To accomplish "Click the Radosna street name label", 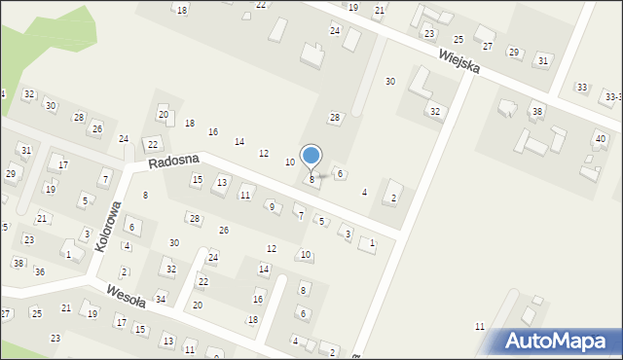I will tap(174, 161).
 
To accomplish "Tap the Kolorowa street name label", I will tap(108, 227).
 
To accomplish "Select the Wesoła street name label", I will tap(119, 293).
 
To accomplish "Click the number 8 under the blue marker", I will tap(311, 179).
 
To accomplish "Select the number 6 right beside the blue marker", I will tap(339, 174).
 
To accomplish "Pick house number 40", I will tap(600, 139).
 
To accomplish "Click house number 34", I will tap(161, 299).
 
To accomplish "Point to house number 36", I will tap(40, 271).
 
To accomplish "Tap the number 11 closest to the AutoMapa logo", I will tap(479, 326).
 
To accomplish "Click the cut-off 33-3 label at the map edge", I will tap(612, 97).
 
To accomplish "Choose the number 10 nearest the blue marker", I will tap(289, 162).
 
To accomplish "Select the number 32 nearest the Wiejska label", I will tap(435, 112).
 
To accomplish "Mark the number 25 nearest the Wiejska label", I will tap(458, 39).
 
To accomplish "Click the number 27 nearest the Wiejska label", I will tap(488, 47).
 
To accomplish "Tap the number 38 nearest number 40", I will tap(536, 112).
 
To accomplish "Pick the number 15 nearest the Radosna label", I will tap(197, 180).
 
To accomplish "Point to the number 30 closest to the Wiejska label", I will tap(390, 82).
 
